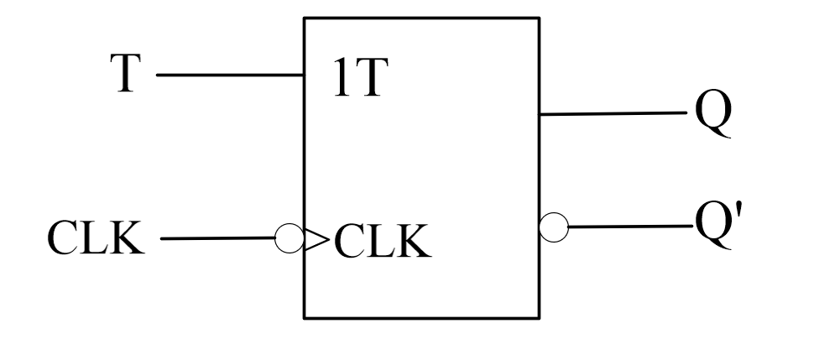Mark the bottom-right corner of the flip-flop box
click(538, 318)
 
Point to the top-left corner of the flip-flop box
click(304, 16)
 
